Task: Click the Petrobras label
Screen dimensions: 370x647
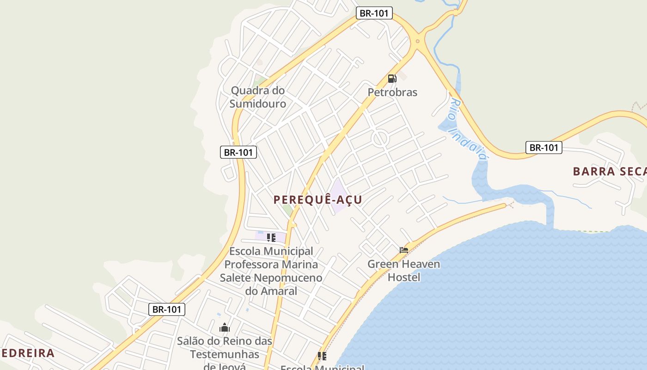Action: (392, 92)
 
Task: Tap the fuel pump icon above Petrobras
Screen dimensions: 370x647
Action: (392, 79)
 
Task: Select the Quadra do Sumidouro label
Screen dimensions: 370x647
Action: (258, 97)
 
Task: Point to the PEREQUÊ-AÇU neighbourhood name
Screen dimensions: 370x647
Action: (317, 200)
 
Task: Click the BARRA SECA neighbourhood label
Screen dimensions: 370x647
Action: (609, 172)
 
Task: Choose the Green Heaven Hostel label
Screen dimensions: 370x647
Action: (403, 271)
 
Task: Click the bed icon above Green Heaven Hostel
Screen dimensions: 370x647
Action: (404, 250)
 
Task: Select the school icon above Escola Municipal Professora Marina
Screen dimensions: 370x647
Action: (271, 238)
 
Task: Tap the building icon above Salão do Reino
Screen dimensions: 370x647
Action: (225, 328)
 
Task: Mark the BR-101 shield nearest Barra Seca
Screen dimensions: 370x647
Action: (544, 148)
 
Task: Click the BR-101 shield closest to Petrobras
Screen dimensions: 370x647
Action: (374, 13)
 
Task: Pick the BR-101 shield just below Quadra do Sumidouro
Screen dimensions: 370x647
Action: (238, 152)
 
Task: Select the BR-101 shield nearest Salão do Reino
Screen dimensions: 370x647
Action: (167, 309)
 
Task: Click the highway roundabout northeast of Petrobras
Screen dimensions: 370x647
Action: (418, 41)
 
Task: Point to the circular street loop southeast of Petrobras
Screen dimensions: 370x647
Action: (380, 138)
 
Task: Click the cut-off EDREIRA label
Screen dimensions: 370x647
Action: (28, 353)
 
